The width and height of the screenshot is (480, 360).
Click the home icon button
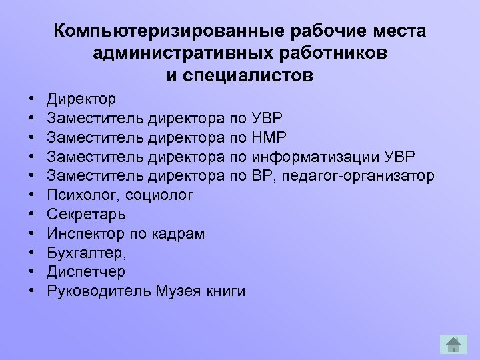tap(453, 344)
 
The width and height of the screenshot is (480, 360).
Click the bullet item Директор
tap(81, 99)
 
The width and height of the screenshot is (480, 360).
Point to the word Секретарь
tap(86, 215)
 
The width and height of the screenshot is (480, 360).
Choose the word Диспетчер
tap(86, 272)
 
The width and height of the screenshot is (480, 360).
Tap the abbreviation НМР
tap(269, 138)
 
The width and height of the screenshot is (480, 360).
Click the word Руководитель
tap(99, 291)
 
